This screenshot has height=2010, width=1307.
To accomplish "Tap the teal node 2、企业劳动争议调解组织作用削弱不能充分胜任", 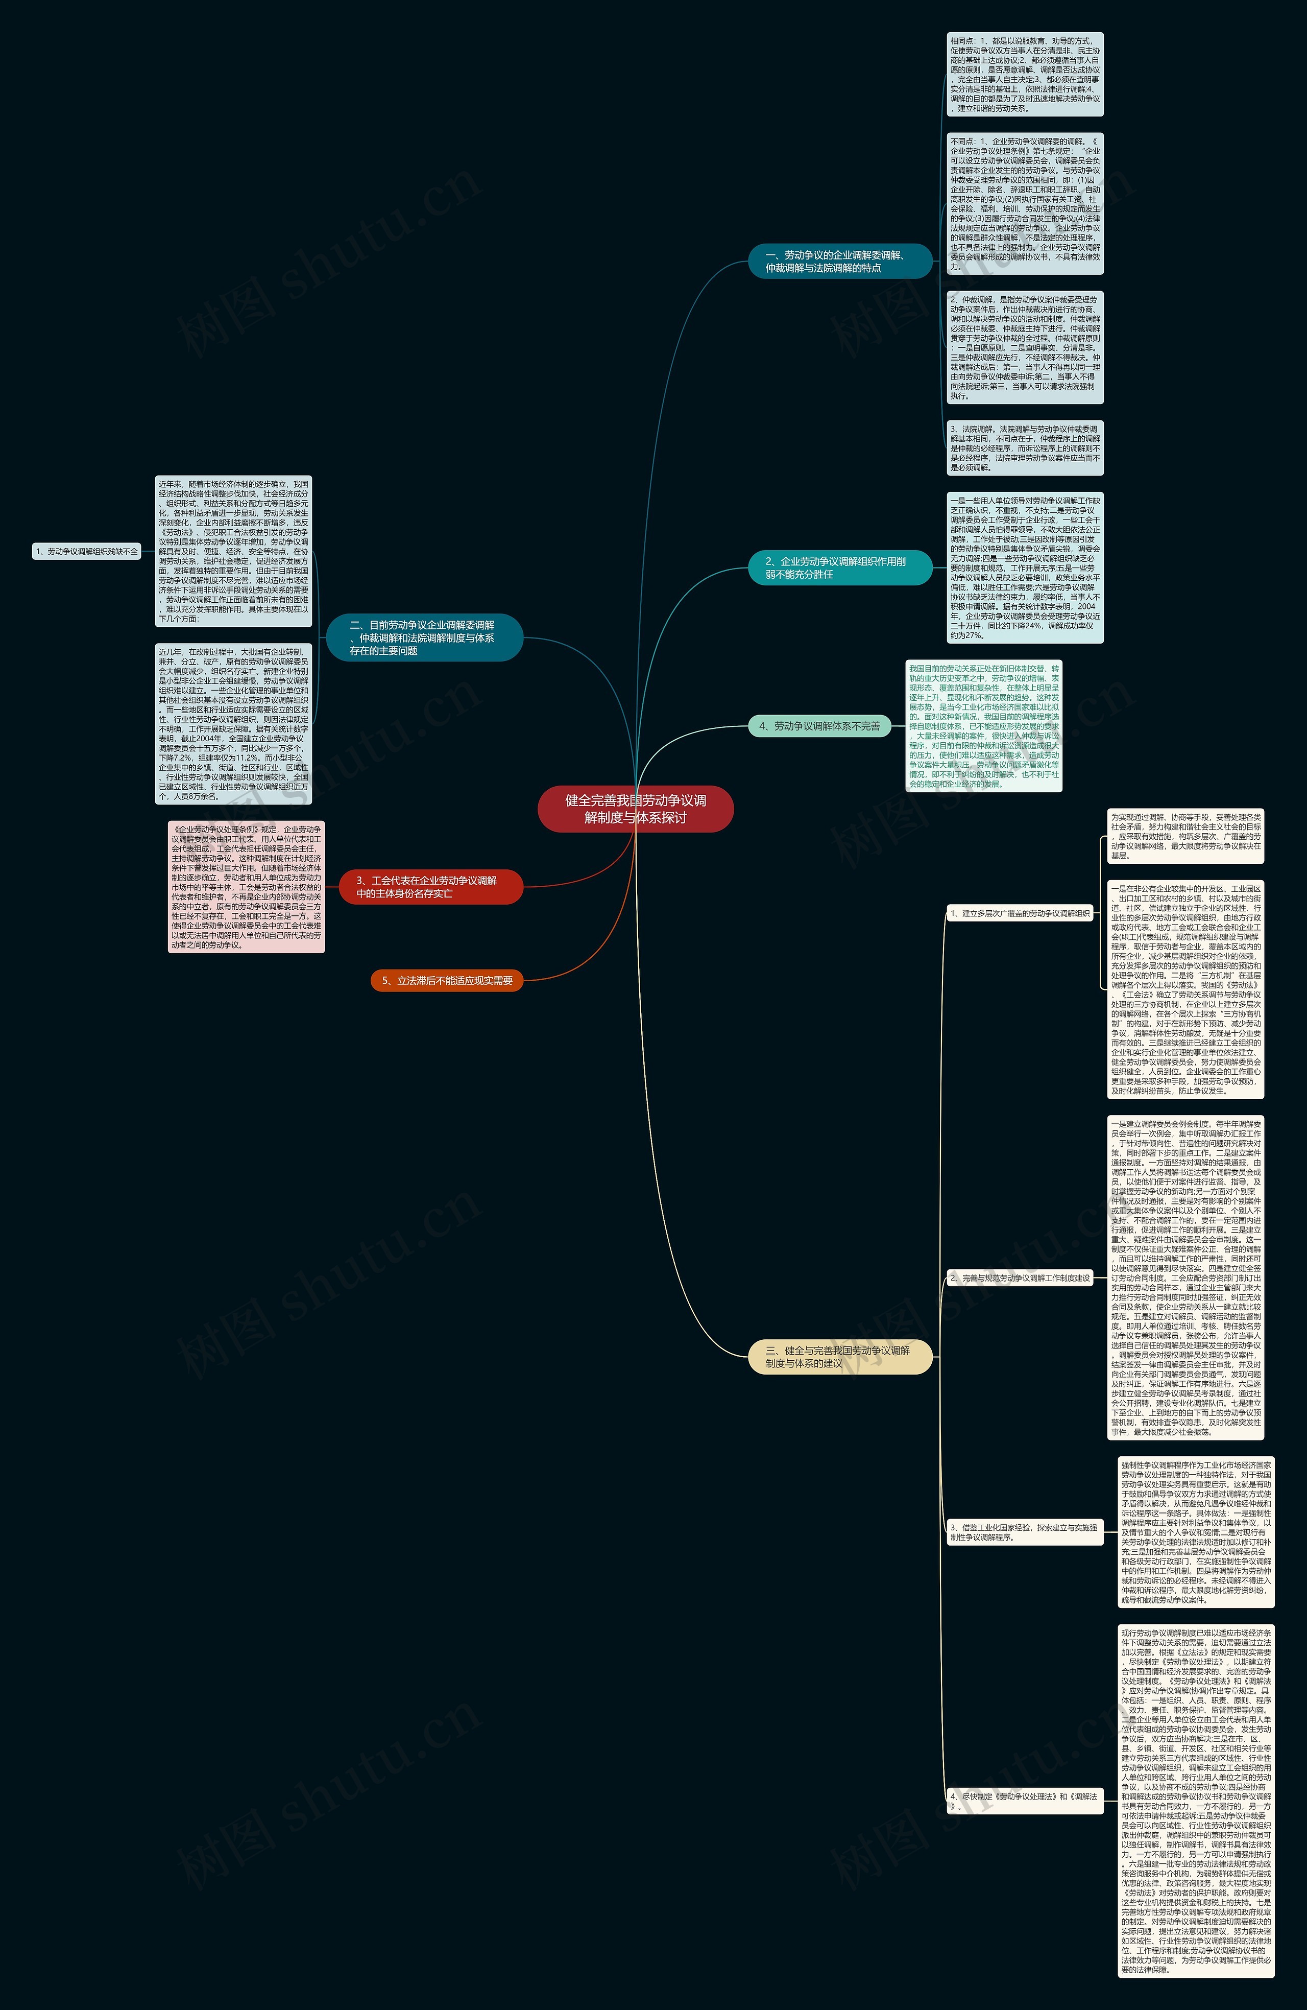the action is (839, 567).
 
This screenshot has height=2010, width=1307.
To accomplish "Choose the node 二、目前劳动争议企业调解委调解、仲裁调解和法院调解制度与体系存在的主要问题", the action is (424, 637).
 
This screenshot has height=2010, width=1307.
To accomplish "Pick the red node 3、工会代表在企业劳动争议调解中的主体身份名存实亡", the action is (430, 887).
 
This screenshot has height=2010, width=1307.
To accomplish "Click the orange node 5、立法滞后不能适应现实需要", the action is (447, 981).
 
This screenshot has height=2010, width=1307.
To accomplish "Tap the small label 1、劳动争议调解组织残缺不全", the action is (86, 552).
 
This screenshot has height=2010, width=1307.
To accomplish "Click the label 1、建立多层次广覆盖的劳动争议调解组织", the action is (1020, 913).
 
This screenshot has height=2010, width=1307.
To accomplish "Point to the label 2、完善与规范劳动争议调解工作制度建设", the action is (1020, 1278).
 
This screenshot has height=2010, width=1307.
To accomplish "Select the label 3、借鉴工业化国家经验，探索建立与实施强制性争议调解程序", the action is (1023, 1532).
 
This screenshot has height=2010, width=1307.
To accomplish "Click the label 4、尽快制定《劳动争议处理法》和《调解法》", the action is (1023, 1802).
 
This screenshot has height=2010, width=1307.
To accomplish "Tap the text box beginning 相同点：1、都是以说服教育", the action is (1024, 74).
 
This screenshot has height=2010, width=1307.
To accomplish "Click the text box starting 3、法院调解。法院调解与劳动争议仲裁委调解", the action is (1024, 447).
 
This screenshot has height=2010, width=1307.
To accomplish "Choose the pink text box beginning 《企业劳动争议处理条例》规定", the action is (246, 887).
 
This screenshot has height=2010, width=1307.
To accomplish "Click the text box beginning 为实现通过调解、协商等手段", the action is (1185, 836).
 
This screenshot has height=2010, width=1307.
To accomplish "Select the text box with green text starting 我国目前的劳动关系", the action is (984, 725).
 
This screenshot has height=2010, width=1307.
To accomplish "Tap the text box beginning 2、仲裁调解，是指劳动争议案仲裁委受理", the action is (1024, 347).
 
